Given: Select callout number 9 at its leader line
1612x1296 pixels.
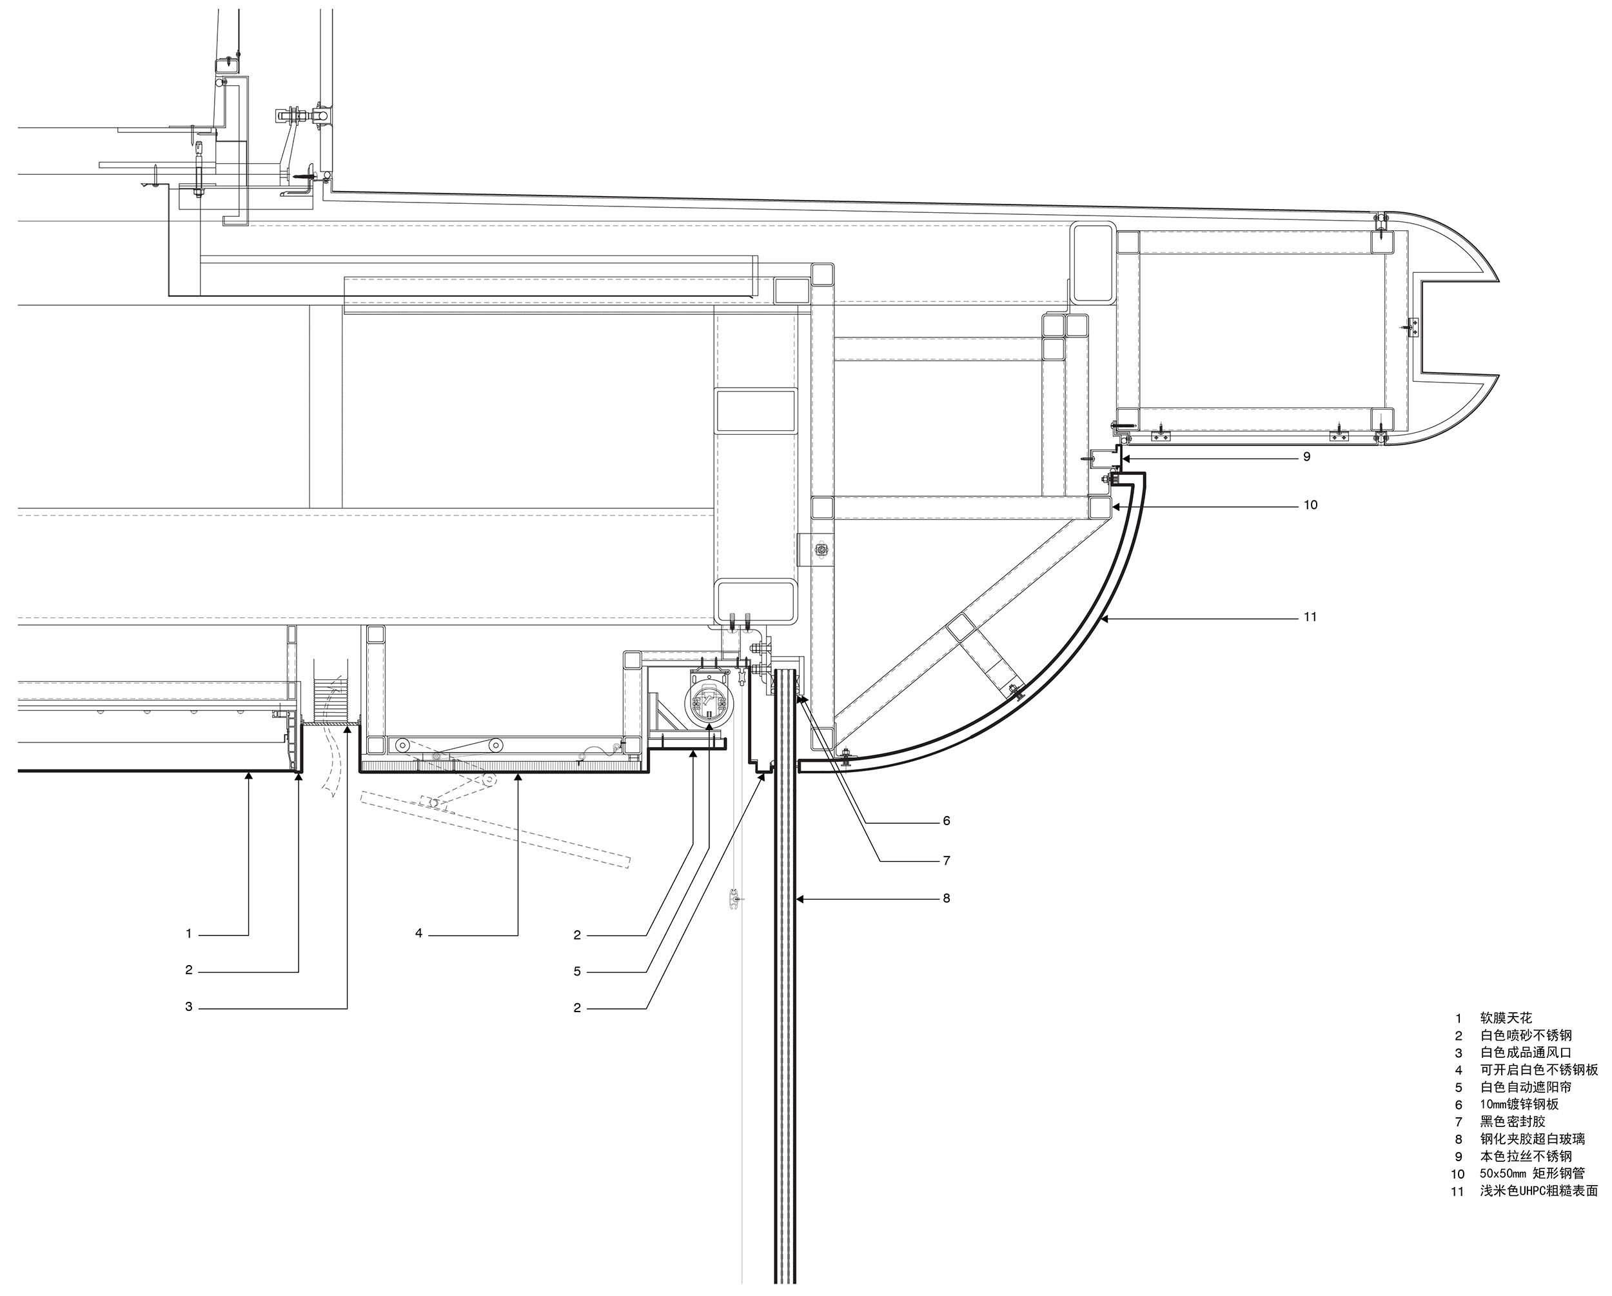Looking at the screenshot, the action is tap(1306, 456).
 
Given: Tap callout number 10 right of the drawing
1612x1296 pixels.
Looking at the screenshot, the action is tap(1310, 505).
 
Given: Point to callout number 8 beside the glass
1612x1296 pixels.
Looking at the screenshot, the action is tap(946, 897).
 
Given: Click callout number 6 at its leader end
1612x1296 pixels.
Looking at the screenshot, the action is tap(946, 821).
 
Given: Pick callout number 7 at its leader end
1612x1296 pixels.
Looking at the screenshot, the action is tap(946, 860).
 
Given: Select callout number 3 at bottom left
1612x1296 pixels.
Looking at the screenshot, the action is tap(188, 1006).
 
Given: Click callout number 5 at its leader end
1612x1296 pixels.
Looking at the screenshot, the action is tap(576, 972).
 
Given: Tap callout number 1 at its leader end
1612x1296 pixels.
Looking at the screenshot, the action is tap(188, 933).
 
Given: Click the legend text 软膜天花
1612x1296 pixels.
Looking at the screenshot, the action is tap(1506, 1018).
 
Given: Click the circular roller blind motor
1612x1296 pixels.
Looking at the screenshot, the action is tap(707, 704).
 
